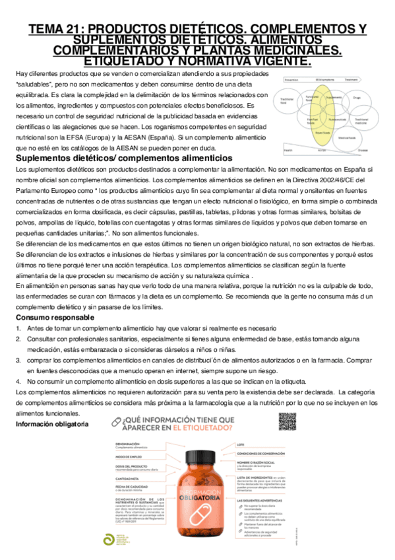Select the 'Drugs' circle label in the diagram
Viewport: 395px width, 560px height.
coord(356,98)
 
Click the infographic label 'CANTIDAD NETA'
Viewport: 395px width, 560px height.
coord(130,479)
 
